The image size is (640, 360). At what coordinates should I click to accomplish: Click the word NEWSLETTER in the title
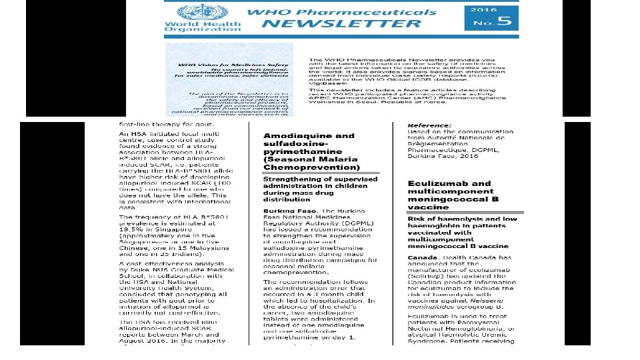pos(341,24)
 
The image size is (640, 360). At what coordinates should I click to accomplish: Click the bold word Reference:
pos(430,125)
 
